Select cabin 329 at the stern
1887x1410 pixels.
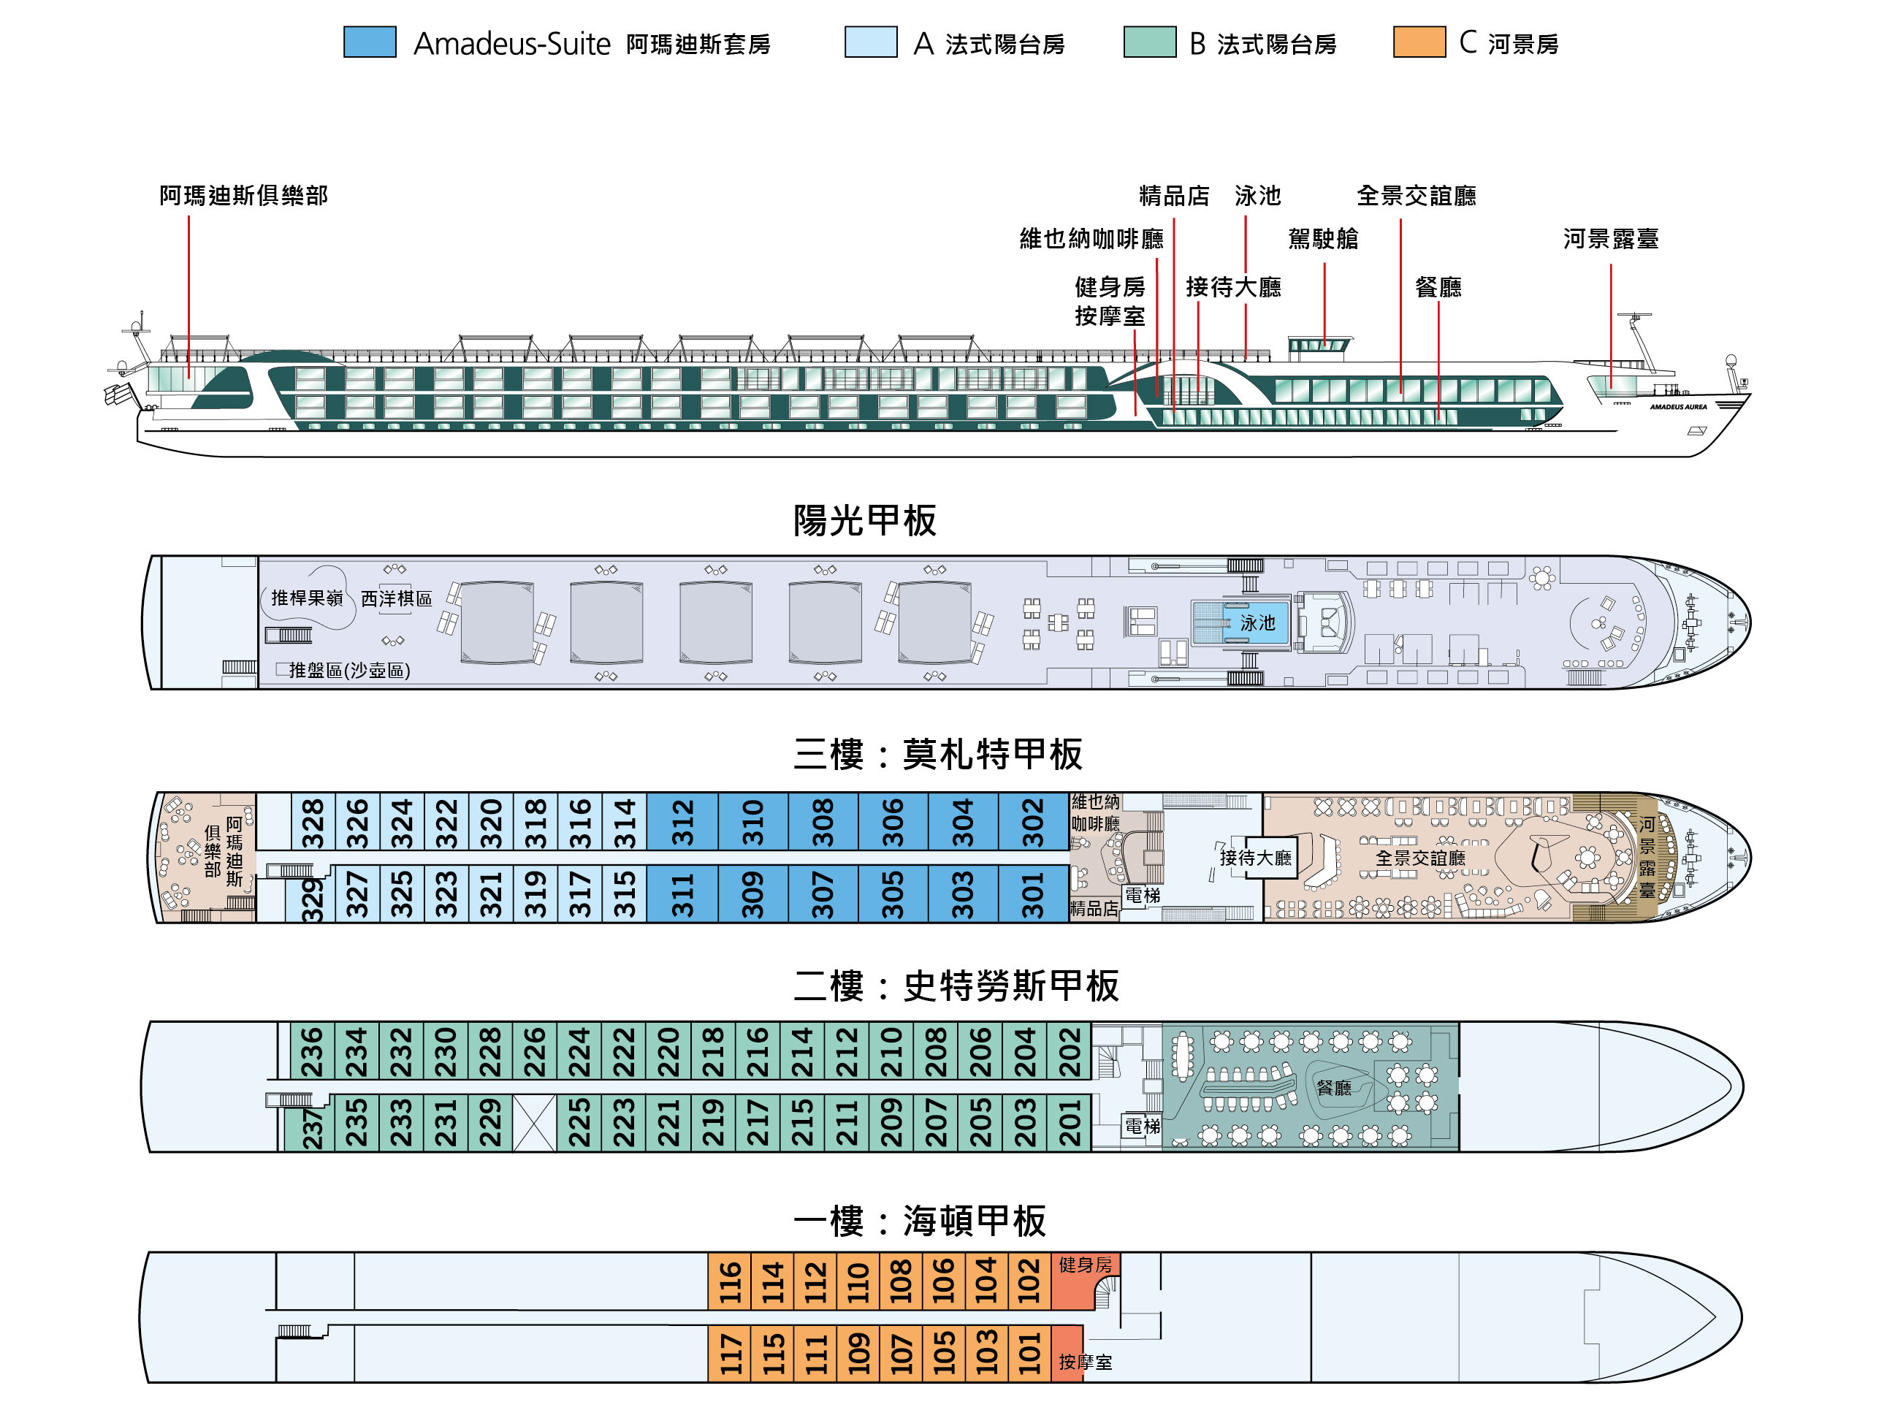tap(312, 895)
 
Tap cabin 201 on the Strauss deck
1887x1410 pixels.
tap(1069, 1123)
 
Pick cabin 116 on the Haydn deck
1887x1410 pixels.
tap(729, 1282)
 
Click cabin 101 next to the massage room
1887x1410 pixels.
tap(1029, 1354)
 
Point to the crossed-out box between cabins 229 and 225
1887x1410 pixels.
tap(534, 1123)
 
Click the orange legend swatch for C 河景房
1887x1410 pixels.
tap(1419, 42)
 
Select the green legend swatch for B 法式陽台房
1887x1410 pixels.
tap(1149, 42)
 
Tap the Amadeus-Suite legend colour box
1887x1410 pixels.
tap(370, 42)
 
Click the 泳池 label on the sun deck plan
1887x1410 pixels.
tap(1257, 622)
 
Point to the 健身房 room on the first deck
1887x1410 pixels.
tap(1084, 1265)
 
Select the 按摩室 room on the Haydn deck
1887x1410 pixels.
tap(1084, 1363)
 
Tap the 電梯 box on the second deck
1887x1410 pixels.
tap(1141, 1126)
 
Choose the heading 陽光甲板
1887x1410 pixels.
tap(864, 520)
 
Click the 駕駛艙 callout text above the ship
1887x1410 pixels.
tap(1323, 239)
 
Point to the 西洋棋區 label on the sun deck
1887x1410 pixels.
tap(396, 599)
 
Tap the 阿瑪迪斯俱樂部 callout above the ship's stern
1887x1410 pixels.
tap(243, 195)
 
